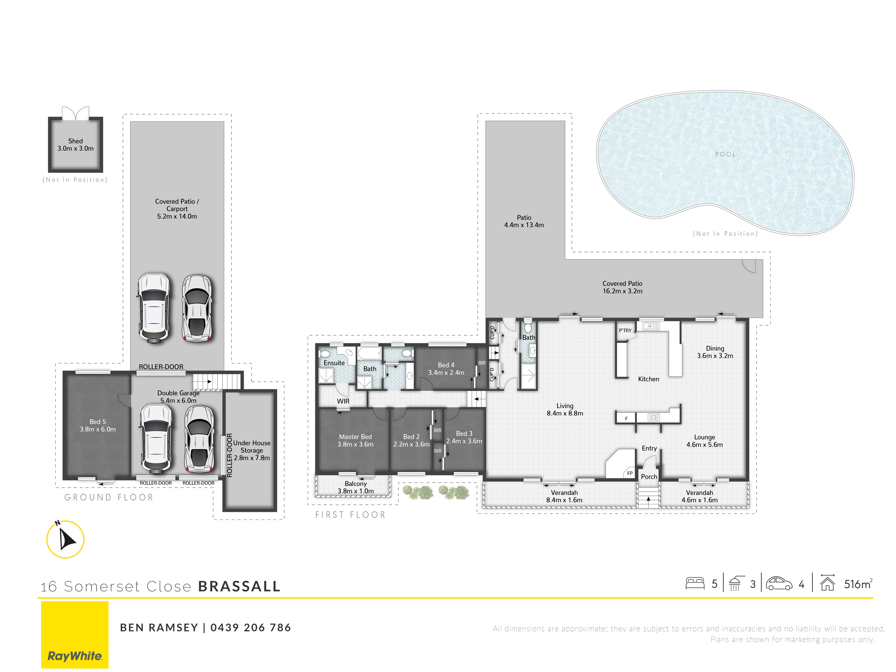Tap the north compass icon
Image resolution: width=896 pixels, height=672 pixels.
tap(65, 539)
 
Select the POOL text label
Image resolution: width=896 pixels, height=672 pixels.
tap(725, 154)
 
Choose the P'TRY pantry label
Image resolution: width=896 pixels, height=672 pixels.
tap(625, 330)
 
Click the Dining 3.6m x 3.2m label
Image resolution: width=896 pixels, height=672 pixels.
tap(715, 352)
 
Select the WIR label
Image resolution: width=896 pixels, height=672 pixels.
tap(343, 401)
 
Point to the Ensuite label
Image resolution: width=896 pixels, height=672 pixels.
tap(334, 363)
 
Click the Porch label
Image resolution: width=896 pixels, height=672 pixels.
tap(649, 477)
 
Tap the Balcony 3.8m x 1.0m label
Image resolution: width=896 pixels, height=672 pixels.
tap(356, 487)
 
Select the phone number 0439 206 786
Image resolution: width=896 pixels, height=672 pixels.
tap(251, 627)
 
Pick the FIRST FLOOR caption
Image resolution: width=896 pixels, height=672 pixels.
tap(350, 515)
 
